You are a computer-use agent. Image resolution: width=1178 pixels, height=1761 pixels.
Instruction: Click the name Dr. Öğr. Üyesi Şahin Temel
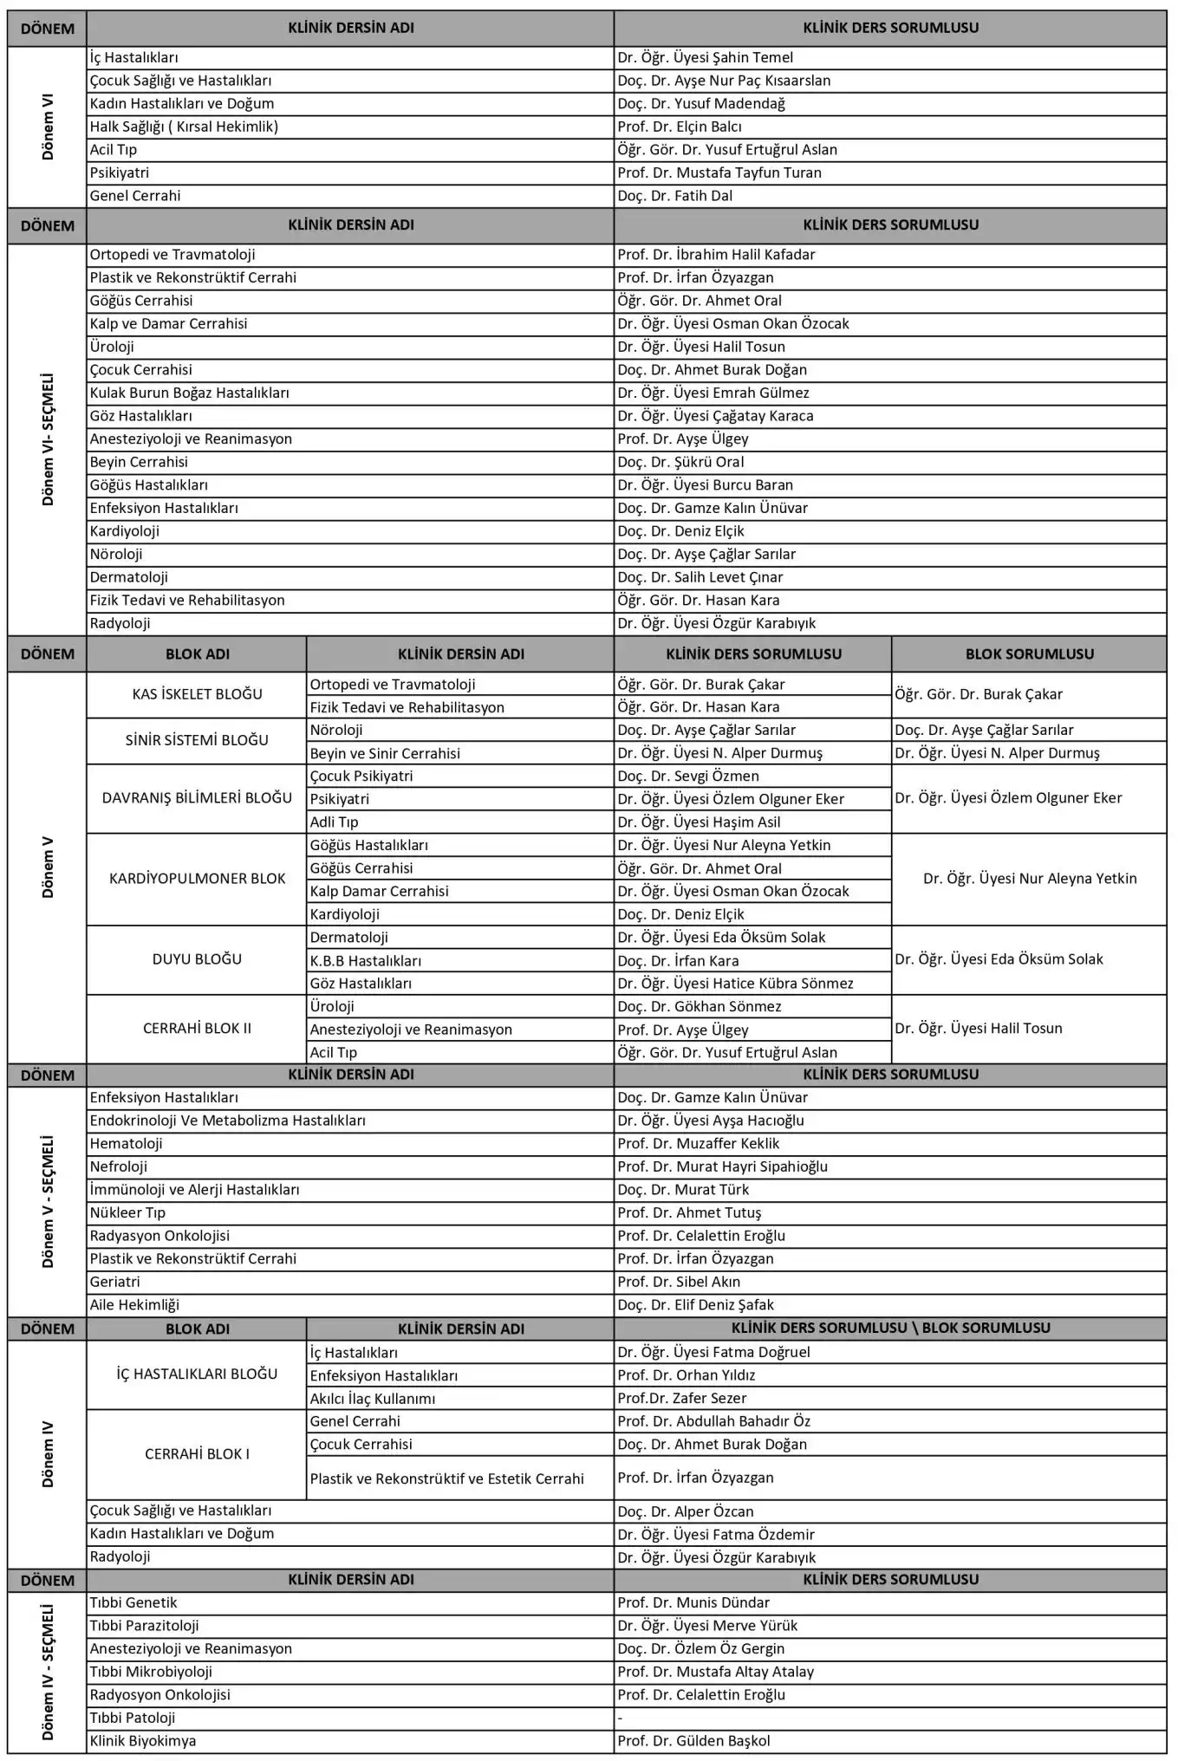[705, 58]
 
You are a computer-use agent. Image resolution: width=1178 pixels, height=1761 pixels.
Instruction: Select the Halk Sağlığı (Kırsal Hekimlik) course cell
[184, 127]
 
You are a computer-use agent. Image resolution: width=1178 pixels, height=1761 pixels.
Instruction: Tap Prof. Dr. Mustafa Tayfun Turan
[719, 172]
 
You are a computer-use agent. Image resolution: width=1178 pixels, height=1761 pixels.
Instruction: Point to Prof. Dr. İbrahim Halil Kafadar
[715, 255]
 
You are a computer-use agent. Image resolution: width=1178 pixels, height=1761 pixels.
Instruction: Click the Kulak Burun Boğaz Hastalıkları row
[189, 393]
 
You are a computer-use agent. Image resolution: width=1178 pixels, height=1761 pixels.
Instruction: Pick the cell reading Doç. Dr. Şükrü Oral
[680, 462]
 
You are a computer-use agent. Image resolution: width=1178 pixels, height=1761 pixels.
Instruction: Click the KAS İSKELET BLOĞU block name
[197, 694]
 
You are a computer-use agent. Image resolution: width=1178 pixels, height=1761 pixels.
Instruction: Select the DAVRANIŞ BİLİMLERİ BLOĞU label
[197, 798]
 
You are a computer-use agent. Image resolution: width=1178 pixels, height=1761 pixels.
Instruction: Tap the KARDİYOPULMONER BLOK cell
[197, 879]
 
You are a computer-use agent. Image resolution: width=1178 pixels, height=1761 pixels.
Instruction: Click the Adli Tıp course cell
[334, 822]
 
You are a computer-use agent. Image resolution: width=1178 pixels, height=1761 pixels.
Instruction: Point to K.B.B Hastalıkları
[365, 961]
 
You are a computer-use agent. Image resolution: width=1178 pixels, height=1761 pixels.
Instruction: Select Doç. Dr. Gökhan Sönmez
[699, 1007]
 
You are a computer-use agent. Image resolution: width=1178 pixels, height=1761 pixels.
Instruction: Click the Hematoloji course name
[126, 1144]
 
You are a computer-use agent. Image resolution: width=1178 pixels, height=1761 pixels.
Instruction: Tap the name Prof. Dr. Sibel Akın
[678, 1282]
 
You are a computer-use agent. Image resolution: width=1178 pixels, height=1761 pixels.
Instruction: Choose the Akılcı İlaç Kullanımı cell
[373, 1399]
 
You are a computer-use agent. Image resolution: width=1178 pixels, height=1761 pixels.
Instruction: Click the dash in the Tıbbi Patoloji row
[620, 1718]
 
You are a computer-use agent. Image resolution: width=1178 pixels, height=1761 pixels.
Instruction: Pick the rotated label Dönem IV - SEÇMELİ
[48, 1672]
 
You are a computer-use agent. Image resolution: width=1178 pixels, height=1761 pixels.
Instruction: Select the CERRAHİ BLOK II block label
[197, 1029]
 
